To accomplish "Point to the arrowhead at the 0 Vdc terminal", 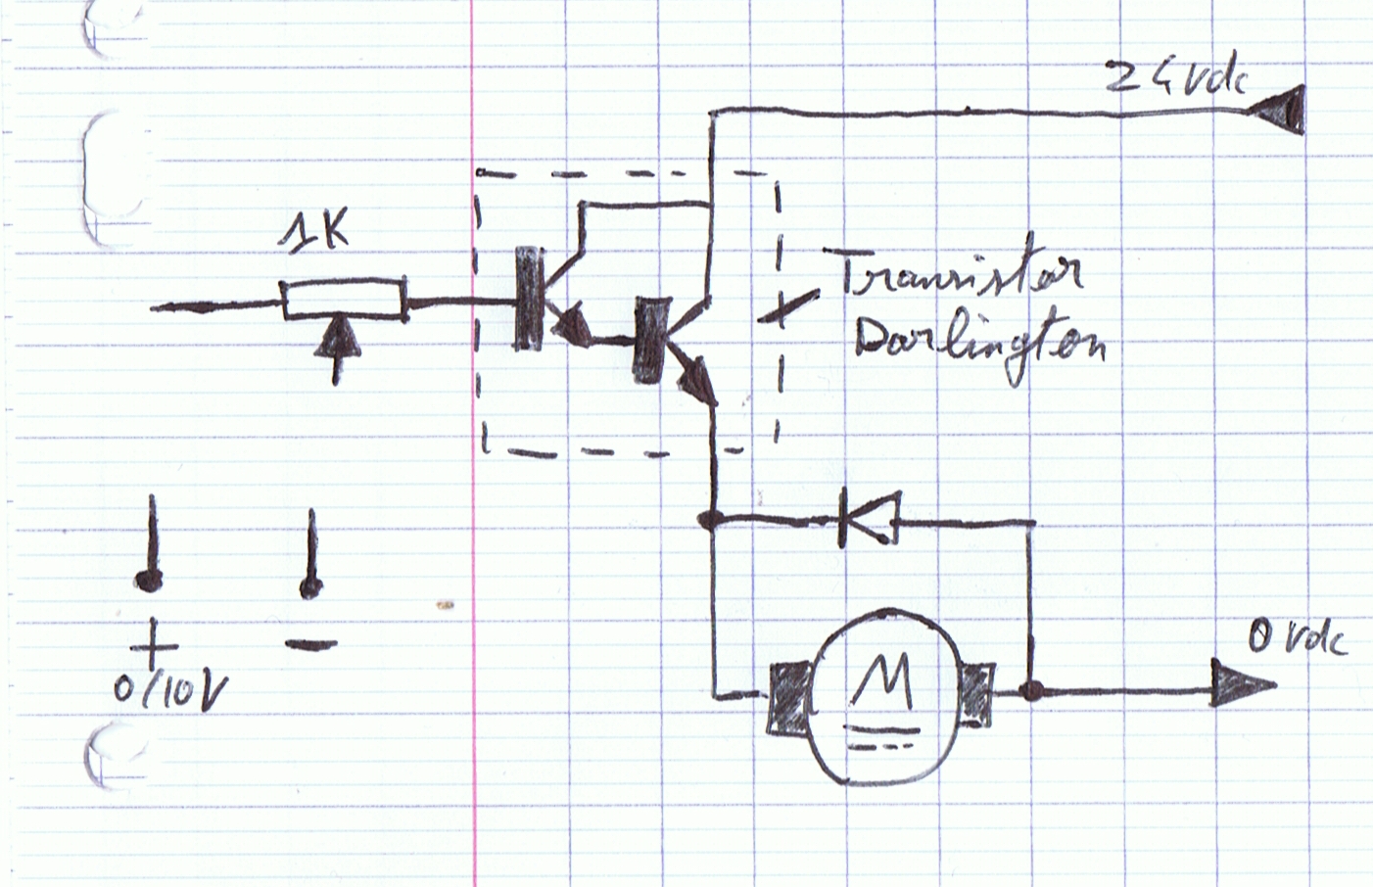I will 1242,683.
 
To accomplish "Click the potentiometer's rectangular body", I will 344,300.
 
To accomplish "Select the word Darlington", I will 979,344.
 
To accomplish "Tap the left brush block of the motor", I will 788,697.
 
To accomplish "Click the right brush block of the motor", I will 976,695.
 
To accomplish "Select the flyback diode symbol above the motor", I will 868,516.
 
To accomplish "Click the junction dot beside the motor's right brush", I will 1029,691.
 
